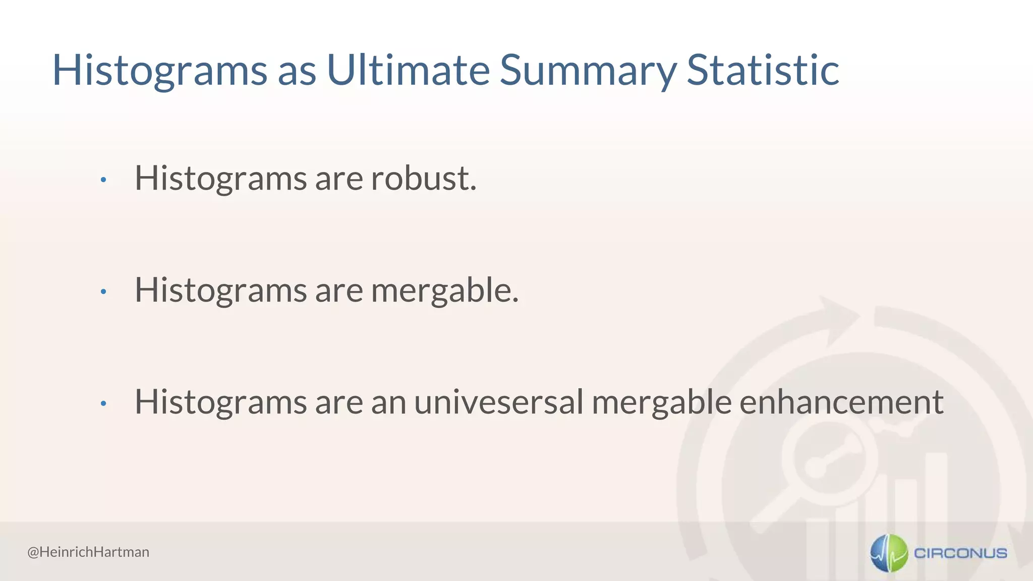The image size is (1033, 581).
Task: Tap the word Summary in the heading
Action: click(588, 71)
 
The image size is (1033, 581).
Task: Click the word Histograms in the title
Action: click(159, 71)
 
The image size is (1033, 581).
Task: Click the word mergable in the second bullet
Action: click(444, 290)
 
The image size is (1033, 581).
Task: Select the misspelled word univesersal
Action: click(498, 402)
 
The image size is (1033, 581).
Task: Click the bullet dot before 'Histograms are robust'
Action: click(103, 180)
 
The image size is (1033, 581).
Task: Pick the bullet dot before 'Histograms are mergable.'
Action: click(103, 292)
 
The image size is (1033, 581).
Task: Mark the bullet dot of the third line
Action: click(103, 403)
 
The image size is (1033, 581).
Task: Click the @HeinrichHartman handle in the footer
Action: click(88, 552)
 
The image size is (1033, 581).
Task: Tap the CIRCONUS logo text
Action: click(960, 553)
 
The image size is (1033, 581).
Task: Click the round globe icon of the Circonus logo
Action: click(889, 553)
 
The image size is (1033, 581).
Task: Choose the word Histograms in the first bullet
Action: click(220, 179)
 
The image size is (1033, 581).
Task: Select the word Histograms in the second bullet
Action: click(220, 291)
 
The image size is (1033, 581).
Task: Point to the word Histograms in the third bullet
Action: click(220, 403)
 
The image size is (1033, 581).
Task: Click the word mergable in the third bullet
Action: click(661, 403)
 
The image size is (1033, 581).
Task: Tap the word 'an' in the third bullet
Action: click(388, 403)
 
